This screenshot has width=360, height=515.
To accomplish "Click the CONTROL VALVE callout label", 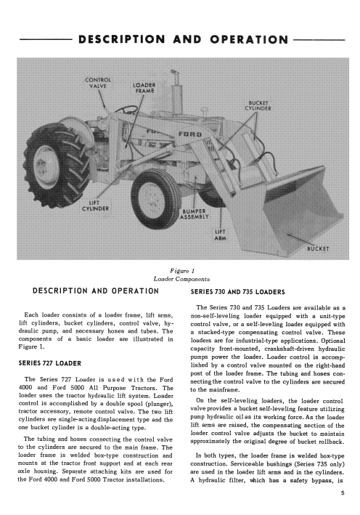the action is (x=98, y=83).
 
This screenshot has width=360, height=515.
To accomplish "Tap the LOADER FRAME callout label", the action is (x=144, y=88).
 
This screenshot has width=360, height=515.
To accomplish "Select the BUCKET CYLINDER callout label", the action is (x=258, y=105).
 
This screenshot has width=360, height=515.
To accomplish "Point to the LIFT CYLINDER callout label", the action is (x=95, y=206).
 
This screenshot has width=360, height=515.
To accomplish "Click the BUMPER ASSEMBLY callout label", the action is (x=194, y=214).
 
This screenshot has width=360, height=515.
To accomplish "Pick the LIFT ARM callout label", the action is (x=220, y=235).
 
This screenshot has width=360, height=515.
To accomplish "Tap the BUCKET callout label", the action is (x=318, y=248).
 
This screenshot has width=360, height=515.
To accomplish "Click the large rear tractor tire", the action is (x=54, y=165).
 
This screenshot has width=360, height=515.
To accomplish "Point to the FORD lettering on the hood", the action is (x=190, y=134).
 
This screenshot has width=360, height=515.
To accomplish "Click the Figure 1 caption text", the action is (x=182, y=271).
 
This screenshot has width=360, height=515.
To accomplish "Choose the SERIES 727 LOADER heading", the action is (x=50, y=363).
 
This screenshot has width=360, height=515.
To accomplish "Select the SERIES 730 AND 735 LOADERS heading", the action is (x=238, y=292).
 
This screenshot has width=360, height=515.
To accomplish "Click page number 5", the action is (x=343, y=492).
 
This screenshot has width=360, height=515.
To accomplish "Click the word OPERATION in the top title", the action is (x=250, y=39).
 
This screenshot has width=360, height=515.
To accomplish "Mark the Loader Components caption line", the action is (x=181, y=279).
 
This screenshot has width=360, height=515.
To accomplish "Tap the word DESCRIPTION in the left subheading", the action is (x=60, y=291).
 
